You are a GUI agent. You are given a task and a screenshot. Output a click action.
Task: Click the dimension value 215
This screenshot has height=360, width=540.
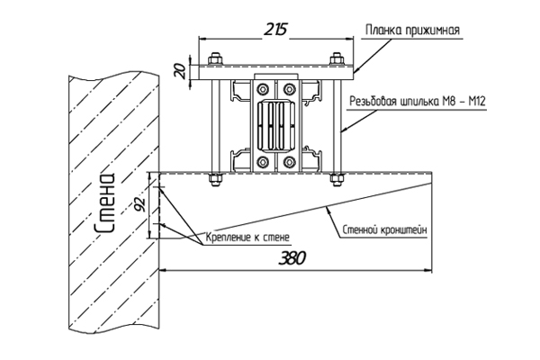coord(275,30)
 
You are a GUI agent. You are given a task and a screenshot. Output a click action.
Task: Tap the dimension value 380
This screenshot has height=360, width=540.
coord(292,258)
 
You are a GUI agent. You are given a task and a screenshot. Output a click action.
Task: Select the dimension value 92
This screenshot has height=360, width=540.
coord(140,206)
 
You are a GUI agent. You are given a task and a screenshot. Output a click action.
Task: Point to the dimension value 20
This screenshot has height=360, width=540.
coord(182,71)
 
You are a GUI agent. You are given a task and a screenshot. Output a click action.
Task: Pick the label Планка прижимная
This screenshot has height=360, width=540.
coord(412,30)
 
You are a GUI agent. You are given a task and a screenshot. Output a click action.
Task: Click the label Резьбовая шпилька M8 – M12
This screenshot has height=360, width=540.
coord(418,102)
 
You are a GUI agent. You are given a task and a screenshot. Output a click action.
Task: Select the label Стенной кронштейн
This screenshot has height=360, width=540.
coord(384,229)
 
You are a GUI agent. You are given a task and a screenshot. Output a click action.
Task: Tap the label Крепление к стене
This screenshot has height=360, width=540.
coord(247,237)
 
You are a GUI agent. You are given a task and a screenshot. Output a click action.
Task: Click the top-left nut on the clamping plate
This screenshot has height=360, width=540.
coord(215,58)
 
